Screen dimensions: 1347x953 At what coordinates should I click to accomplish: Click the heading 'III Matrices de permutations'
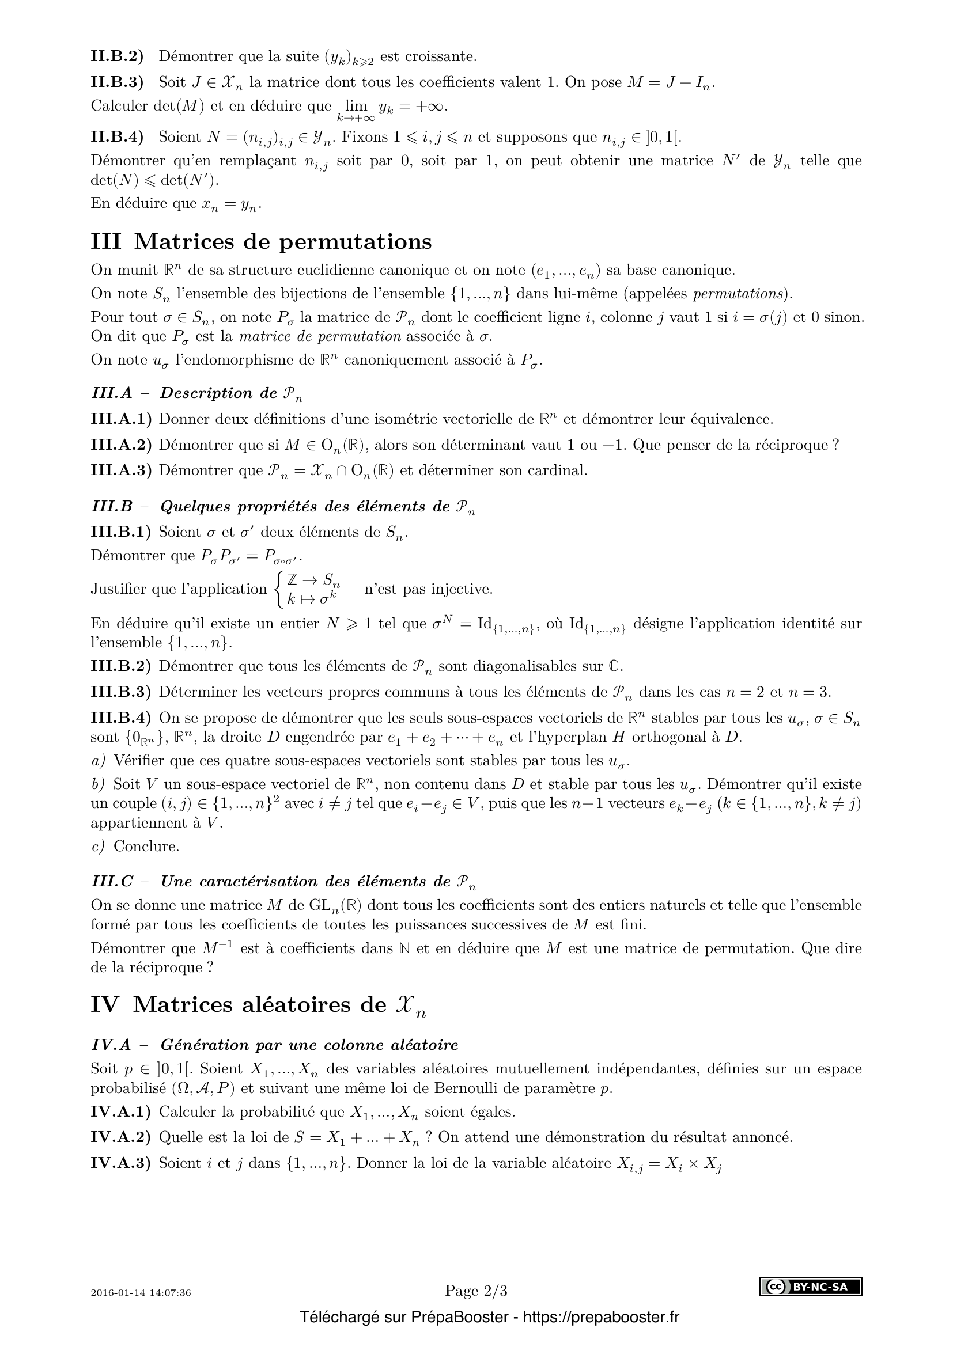coord(261,242)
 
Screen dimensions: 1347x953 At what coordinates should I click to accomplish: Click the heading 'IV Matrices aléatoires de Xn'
coord(258,1005)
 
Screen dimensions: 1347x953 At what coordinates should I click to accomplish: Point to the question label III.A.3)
coord(121,470)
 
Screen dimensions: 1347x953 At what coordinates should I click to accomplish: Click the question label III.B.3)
coord(121,692)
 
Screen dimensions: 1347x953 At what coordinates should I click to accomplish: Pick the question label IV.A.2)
coord(121,1137)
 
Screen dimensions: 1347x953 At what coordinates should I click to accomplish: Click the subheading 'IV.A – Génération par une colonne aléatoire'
coord(275,1045)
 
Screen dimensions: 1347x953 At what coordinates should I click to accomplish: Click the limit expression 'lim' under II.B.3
coord(356,106)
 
